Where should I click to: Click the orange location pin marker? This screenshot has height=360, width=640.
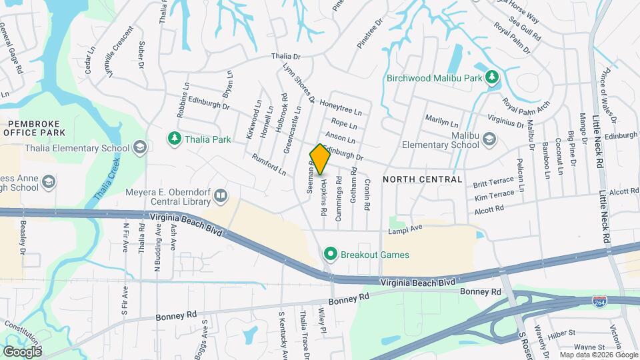click(320, 159)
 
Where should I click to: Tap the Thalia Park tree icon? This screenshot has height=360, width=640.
click(175, 139)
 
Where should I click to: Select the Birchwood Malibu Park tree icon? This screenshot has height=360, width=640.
click(492, 77)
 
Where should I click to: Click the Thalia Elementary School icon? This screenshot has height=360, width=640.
click(139, 147)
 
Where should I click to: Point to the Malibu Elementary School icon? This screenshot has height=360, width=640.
click(489, 139)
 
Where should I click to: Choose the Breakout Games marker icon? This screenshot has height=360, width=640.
click(330, 254)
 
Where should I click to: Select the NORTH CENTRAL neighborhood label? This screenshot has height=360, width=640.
click(423, 179)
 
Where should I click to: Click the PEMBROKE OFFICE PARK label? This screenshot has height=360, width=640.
click(43, 129)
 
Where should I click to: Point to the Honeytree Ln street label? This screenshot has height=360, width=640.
click(341, 107)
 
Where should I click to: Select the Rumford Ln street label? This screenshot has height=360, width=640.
click(269, 165)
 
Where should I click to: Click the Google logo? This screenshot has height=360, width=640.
click(22, 351)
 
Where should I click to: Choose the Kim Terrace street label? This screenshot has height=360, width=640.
click(493, 194)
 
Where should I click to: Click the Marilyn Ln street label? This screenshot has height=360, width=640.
click(442, 122)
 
